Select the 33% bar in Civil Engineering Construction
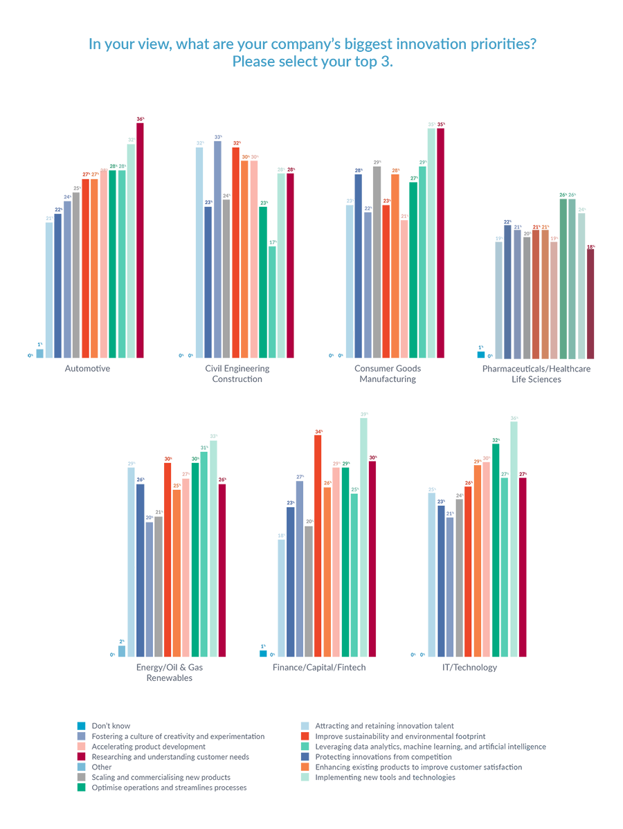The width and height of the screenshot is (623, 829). (x=217, y=249)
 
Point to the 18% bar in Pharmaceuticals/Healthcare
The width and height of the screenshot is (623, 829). (x=590, y=303)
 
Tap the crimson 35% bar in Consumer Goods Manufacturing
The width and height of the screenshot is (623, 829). (x=440, y=243)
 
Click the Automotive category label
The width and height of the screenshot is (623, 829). (x=87, y=368)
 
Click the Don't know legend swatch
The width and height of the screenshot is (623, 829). (x=82, y=726)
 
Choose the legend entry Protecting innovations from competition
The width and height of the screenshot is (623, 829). (x=383, y=757)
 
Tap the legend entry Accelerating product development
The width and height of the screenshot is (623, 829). (x=148, y=747)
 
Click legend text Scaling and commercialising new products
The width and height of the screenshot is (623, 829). (x=161, y=778)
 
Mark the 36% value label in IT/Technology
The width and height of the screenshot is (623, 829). (x=514, y=418)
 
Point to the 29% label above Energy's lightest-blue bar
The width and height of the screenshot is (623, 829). (x=131, y=463)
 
